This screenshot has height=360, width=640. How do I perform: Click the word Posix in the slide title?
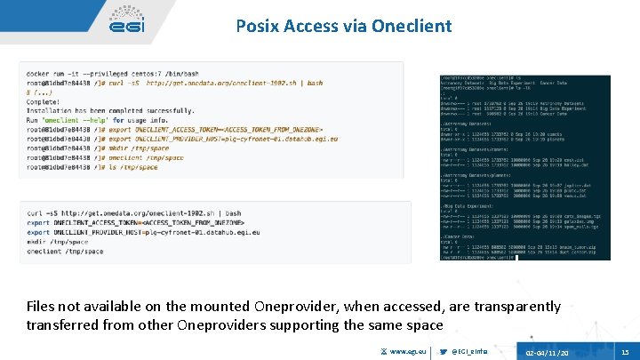(x=258, y=26)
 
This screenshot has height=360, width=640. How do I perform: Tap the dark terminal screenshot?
(x=524, y=167)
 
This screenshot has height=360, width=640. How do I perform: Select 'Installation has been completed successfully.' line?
(x=97, y=111)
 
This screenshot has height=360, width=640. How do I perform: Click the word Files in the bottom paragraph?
(x=44, y=307)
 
